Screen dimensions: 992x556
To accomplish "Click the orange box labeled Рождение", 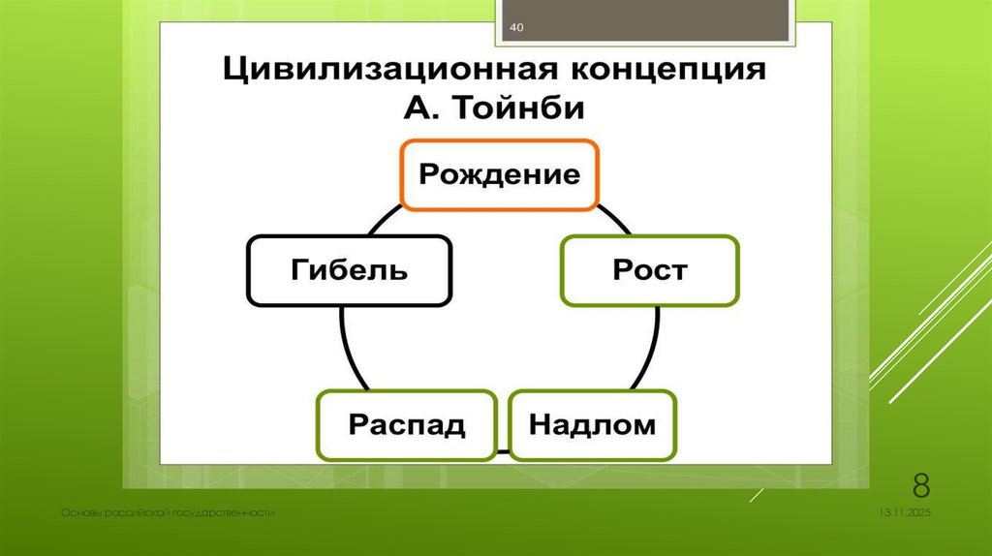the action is tap(499, 174).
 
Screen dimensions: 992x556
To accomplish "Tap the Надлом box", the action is tap(592, 424).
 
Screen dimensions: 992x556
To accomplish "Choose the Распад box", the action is tap(407, 424).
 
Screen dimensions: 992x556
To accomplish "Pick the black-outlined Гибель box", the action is tap(350, 269).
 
